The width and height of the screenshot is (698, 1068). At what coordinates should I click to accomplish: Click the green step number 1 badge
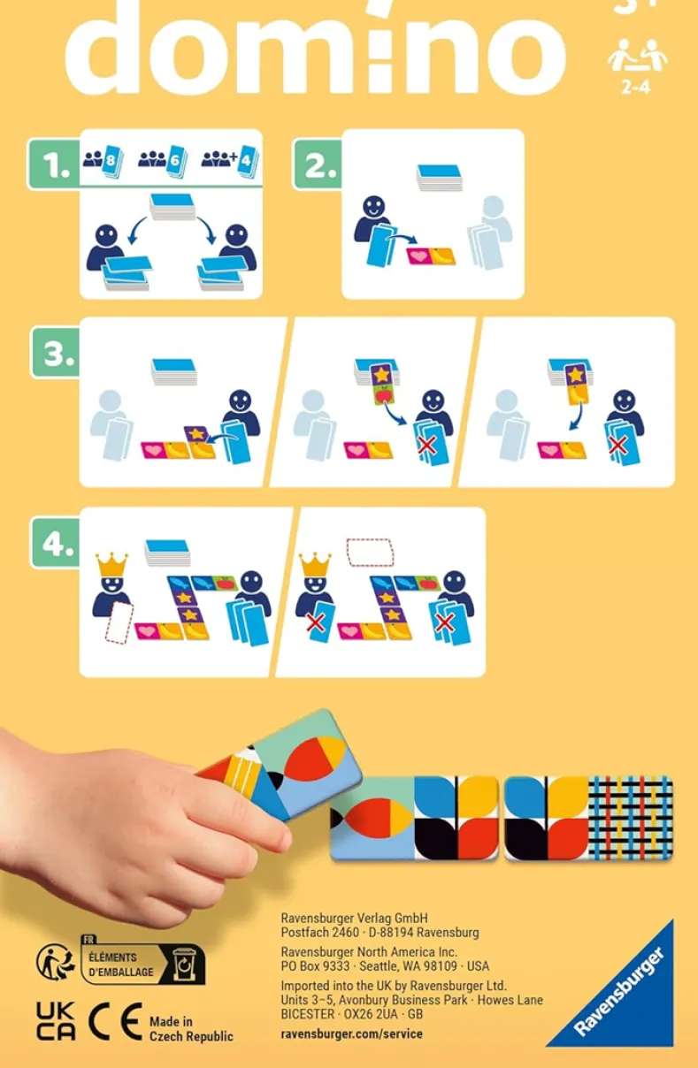[53, 164]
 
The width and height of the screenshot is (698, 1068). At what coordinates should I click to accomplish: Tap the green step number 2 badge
[318, 164]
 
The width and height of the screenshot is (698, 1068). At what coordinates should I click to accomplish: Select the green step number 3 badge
[57, 353]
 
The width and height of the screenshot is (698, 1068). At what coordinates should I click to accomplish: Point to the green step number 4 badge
[57, 543]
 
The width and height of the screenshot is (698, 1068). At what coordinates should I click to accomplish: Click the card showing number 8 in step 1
[112, 160]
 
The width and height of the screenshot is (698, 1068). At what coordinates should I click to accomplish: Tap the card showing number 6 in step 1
[175, 160]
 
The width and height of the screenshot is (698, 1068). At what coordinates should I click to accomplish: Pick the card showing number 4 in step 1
[248, 160]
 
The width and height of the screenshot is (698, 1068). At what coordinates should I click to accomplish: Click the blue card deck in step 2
[439, 177]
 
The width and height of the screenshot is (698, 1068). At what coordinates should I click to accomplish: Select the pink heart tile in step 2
[420, 256]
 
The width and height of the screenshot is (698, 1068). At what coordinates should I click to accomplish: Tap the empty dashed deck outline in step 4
[370, 553]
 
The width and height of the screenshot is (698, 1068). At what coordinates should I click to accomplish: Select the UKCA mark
[56, 1021]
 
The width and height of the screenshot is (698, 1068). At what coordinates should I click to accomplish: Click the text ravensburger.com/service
[351, 1034]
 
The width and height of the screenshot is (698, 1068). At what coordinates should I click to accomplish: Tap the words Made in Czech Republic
[191, 1028]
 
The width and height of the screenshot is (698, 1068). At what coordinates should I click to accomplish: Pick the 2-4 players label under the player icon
[635, 87]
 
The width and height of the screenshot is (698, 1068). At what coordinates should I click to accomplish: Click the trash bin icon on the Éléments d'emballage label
[184, 964]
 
